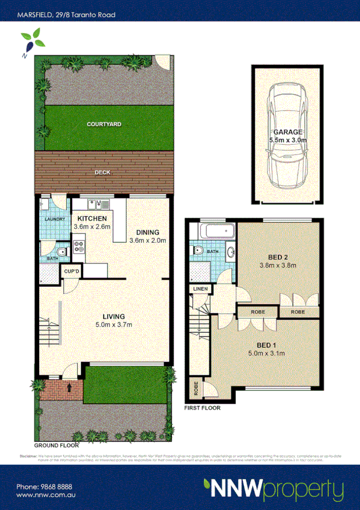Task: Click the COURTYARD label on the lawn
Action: [103, 124]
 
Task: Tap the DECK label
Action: [103, 173]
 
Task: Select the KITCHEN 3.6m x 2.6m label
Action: [92, 223]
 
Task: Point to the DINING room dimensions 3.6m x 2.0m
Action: [147, 241]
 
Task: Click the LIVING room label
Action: [113, 316]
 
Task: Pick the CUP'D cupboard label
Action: [72, 272]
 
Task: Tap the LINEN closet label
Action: [200, 289]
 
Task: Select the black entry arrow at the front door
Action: [70, 387]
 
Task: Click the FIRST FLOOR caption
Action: [202, 408]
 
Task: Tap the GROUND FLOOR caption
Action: [56, 446]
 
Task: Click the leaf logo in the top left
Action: [31, 43]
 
